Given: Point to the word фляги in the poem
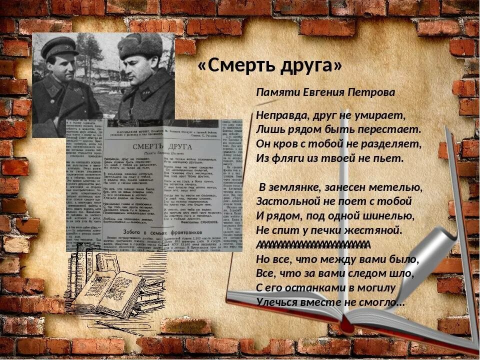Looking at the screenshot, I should pyautogui.click(x=288, y=158).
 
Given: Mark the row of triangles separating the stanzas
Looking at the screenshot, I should pyautogui.click(x=312, y=244).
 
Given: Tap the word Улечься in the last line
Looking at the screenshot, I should pyautogui.click(x=277, y=302).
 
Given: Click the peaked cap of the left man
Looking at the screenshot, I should pyautogui.click(x=60, y=47).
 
